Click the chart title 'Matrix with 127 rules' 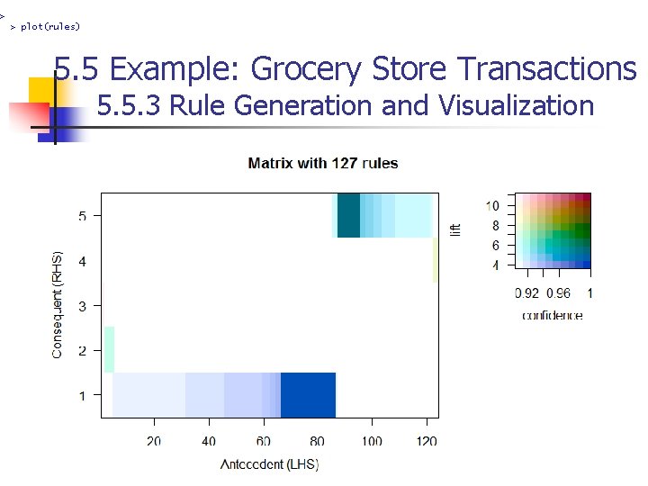(x=322, y=163)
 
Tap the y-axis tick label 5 (x=83, y=216)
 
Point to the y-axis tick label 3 (x=83, y=306)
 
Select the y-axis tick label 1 (x=83, y=395)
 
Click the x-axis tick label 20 (x=154, y=442)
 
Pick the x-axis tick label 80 (x=318, y=442)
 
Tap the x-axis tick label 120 (x=427, y=442)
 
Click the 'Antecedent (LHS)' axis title (x=269, y=464)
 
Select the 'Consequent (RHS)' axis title (x=58, y=304)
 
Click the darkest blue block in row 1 (x=308, y=395)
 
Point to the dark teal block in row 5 (x=348, y=216)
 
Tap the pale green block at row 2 (x=109, y=349)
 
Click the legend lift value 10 (x=492, y=206)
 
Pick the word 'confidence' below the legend (x=552, y=315)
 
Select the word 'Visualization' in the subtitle (x=516, y=106)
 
